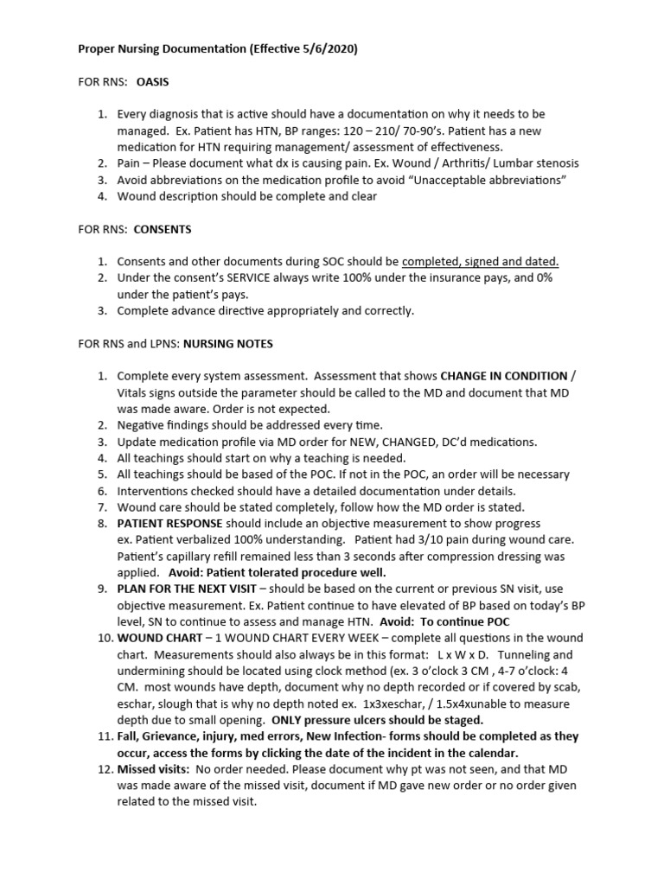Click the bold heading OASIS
click(153, 82)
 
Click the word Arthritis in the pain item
click(467, 163)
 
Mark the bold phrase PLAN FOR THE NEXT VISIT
click(182, 589)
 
